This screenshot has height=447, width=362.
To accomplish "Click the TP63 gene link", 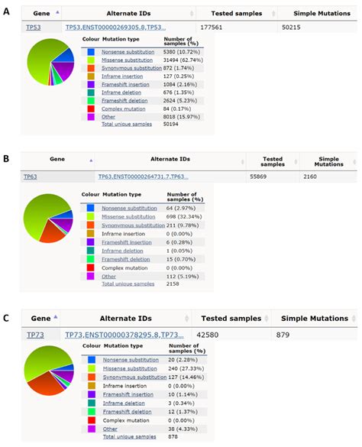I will (29, 177).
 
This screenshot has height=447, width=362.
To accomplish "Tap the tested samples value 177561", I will (228, 26).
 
